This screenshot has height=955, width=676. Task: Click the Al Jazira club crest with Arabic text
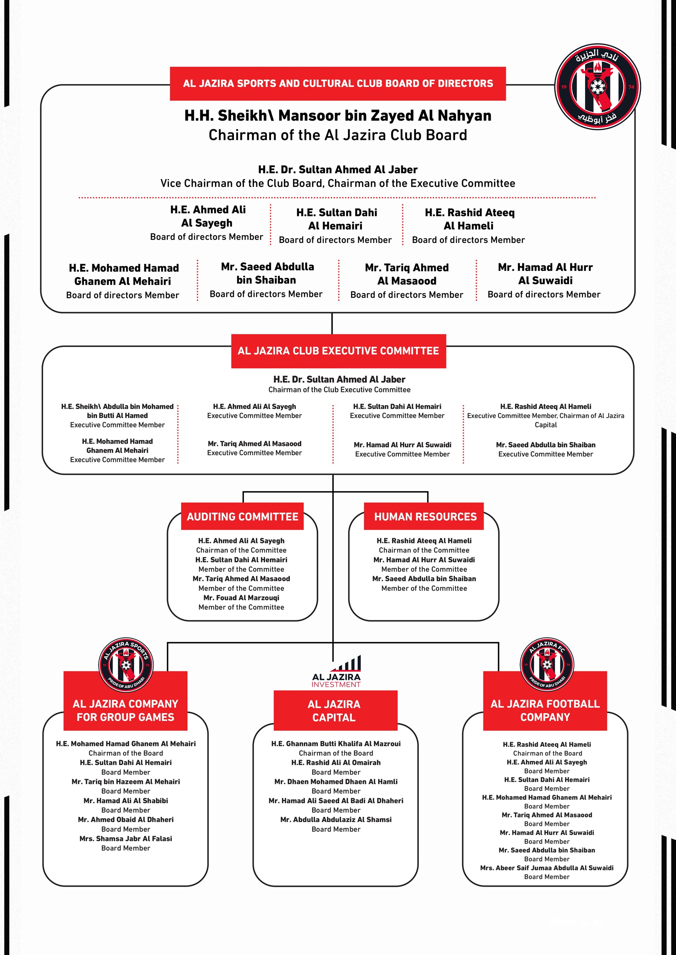597,87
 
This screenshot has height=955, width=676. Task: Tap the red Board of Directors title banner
338,84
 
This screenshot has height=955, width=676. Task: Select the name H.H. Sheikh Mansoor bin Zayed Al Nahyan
338,115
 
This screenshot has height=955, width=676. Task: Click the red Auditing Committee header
242,516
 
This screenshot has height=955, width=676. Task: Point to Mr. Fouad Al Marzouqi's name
241,598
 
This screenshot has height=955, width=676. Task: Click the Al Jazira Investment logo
336,671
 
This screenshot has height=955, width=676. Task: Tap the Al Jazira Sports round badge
126,665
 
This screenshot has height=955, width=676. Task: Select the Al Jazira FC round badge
547,664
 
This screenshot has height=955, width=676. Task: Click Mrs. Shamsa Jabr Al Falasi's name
126,839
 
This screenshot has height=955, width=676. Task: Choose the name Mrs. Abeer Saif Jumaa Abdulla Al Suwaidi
547,868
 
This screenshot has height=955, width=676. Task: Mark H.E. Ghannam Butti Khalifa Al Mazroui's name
336,744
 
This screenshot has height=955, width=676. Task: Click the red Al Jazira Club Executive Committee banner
338,351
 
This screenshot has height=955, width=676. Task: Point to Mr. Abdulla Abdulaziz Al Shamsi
336,819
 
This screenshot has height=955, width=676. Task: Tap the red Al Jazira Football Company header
545,710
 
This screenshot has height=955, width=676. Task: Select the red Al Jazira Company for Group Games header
125,710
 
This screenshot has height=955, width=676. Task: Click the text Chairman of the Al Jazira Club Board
338,135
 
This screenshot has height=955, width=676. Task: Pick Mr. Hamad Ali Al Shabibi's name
126,801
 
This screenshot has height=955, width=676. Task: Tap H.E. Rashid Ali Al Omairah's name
336,762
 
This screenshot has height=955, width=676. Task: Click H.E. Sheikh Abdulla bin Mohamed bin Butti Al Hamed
118,411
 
